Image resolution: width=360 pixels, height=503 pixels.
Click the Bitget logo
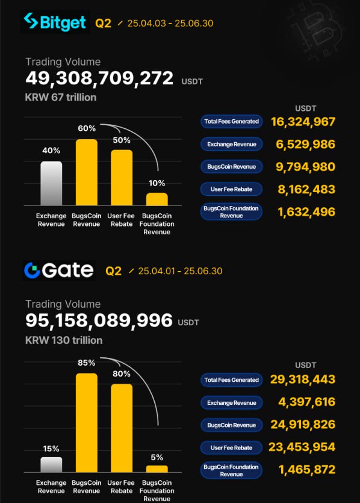(55, 22)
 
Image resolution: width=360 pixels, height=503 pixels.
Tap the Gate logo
(58, 270)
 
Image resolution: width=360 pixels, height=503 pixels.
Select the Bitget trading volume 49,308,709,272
(99, 78)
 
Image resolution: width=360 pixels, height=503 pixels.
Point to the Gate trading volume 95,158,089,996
(99, 320)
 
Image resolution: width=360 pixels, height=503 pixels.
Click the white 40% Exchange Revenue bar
(51, 183)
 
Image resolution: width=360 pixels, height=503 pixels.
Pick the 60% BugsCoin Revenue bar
(87, 172)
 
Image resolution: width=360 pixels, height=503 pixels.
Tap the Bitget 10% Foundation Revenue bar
(157, 199)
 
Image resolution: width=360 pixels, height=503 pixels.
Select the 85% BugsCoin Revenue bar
(87, 422)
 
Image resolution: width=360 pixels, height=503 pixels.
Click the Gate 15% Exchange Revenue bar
(51, 465)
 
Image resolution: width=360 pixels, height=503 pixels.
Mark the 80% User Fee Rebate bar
(122, 428)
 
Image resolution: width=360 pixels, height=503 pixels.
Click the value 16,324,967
(303, 122)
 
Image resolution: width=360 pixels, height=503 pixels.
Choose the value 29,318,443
(303, 380)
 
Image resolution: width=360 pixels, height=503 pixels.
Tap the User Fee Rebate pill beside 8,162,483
(231, 189)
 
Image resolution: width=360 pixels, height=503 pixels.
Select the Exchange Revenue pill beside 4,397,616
(231, 403)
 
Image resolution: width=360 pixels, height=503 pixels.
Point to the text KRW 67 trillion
(61, 97)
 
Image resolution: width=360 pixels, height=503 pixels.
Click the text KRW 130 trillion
(64, 340)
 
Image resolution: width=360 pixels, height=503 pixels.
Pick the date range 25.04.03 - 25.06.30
(170, 23)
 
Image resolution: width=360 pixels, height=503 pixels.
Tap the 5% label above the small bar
(157, 457)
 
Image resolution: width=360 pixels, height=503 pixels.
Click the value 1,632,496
(307, 211)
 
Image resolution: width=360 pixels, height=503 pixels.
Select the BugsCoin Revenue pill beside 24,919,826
(231, 425)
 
